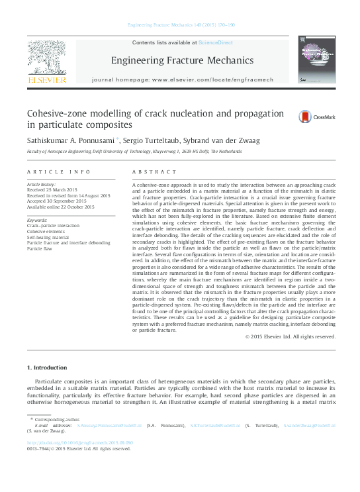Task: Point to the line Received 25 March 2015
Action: pos(52,191)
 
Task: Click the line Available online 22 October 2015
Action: pos(60,207)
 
